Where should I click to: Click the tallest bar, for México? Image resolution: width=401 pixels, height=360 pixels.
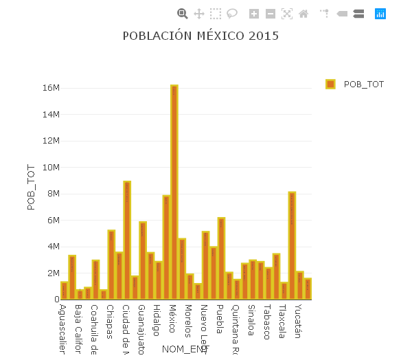(x=174, y=192)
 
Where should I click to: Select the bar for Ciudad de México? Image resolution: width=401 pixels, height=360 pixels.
(x=127, y=240)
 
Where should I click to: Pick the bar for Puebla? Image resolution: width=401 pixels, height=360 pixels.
(x=221, y=258)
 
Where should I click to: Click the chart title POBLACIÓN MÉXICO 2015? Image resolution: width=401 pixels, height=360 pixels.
(x=200, y=36)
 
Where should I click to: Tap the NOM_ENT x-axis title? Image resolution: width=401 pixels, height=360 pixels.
(x=185, y=350)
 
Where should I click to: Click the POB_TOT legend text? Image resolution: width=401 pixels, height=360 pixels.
(x=363, y=84)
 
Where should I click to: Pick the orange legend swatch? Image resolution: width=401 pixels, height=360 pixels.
(x=330, y=84)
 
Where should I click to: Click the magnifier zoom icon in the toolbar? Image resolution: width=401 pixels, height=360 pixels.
(x=183, y=13)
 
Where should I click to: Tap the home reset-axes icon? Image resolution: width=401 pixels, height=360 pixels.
(x=303, y=13)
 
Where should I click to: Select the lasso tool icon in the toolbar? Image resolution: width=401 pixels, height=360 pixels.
(x=232, y=13)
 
